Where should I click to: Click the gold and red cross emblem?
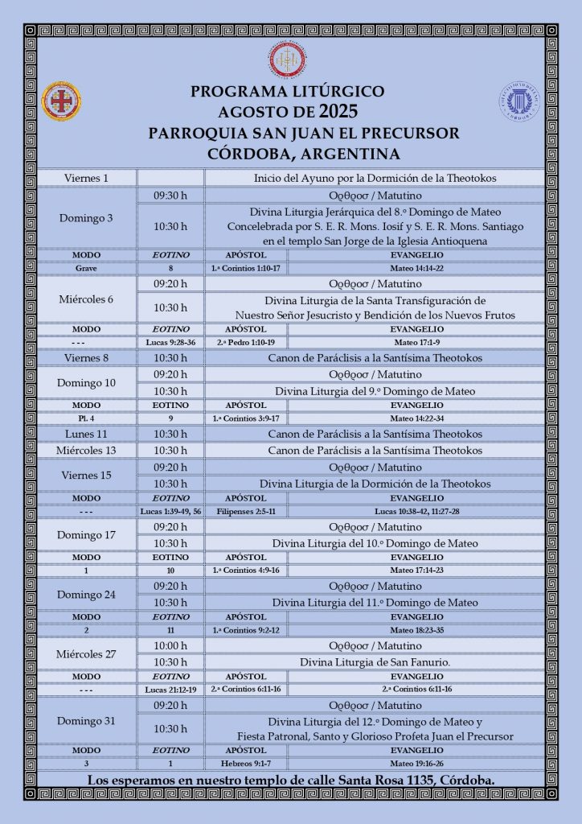point(61,101)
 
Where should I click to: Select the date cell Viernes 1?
point(87,178)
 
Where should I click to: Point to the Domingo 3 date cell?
point(87,218)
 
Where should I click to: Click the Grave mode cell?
point(87,268)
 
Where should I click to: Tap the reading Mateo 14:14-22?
point(416,268)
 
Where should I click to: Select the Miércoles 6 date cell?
point(87,299)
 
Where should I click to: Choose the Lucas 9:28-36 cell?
point(170,342)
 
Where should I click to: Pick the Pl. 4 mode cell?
point(87,418)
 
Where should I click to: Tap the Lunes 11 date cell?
point(87,434)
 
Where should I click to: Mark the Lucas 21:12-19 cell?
point(170,690)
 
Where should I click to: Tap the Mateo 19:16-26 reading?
point(416,763)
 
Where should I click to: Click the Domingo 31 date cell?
point(87,720)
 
